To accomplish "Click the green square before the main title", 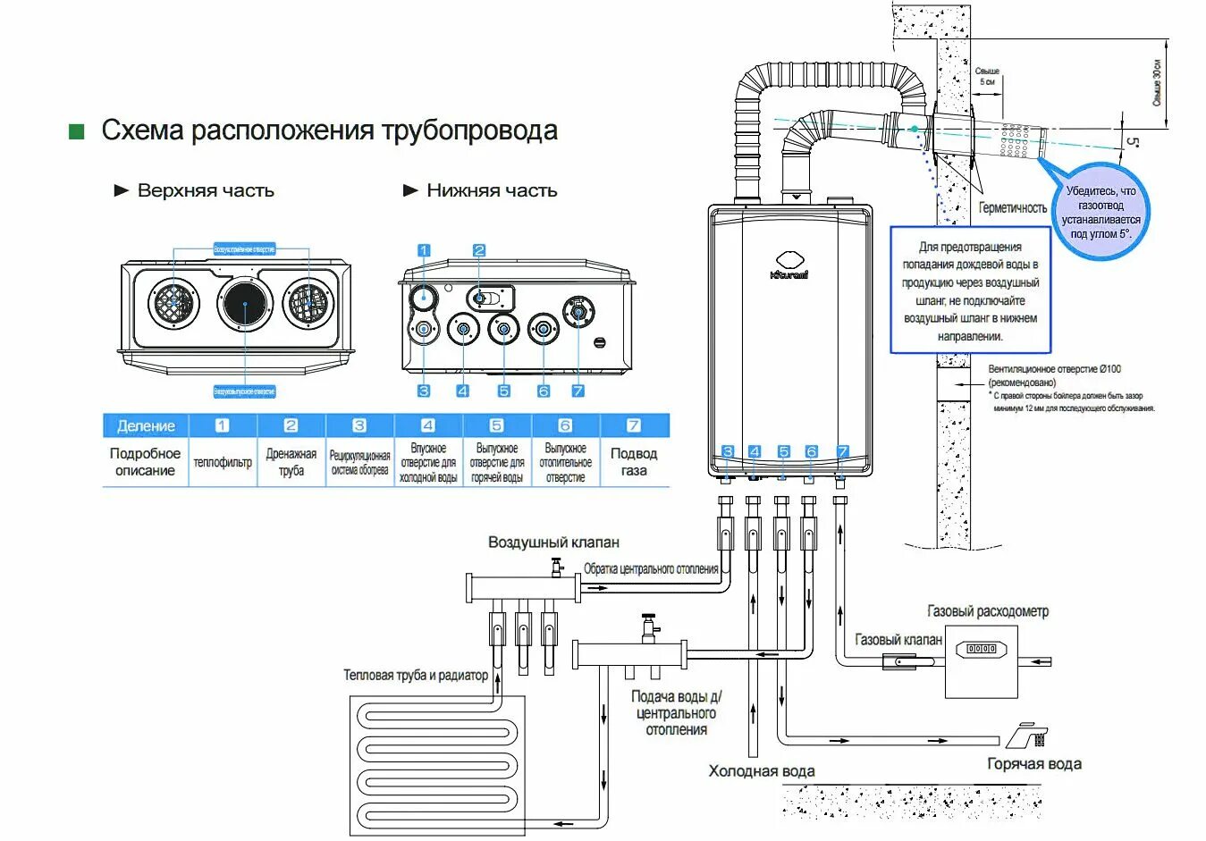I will [77, 132].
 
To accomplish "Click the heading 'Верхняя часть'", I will [205, 190].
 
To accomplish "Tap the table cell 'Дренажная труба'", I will [291, 462].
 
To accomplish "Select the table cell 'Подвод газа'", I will [633, 462].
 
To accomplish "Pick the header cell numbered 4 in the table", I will [428, 425].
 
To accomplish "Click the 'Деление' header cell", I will [146, 425].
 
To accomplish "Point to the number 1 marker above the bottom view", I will [424, 251].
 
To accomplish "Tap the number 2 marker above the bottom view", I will [479, 251].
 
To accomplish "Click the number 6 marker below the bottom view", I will [544, 391].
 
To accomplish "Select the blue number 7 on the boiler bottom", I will [842, 452].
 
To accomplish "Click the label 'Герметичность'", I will [1012, 207].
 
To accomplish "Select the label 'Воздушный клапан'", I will [553, 542].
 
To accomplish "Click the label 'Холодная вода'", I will [761, 770].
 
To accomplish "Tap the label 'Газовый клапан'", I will [898, 640].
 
